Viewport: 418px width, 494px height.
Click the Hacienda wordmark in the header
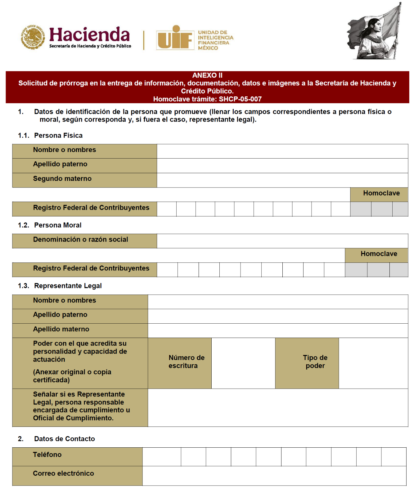[x=89, y=35]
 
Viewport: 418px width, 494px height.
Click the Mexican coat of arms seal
[x=33, y=37]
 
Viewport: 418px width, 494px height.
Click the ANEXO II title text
[x=207, y=75]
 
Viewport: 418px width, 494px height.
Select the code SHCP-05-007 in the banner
[x=240, y=99]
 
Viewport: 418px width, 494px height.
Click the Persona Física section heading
[x=58, y=136]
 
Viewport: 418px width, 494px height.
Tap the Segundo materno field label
[x=62, y=179]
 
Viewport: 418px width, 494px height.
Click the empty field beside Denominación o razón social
[x=282, y=241]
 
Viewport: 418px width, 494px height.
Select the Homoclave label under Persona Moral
[x=379, y=254]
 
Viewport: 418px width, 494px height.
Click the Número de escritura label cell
[x=186, y=362]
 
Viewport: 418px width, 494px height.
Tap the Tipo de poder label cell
[x=315, y=362]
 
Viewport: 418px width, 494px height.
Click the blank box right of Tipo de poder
[x=373, y=363]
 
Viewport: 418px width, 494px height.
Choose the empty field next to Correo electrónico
[x=274, y=476]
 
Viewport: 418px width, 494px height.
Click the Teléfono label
[x=47, y=455]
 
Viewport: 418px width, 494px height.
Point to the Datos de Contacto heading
[x=64, y=439]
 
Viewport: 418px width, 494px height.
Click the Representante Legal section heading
[x=68, y=286]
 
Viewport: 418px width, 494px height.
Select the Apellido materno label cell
[x=61, y=329]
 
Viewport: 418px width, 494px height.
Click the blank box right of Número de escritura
[x=243, y=363]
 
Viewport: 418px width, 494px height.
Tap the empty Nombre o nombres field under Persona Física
[x=282, y=151]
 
